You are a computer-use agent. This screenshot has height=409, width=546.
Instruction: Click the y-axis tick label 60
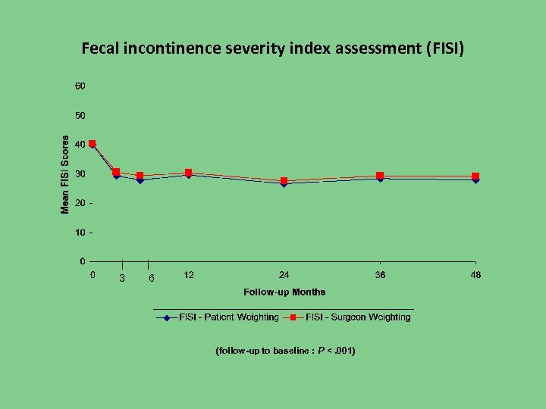[80, 86]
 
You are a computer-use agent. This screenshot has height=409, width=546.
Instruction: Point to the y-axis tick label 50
[80, 116]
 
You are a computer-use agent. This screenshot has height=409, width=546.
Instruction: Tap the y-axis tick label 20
[80, 203]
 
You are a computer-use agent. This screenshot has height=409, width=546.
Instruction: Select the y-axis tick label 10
[80, 233]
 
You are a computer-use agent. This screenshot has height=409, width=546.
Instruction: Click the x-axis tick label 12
[188, 275]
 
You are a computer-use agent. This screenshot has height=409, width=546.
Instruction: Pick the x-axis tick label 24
[284, 275]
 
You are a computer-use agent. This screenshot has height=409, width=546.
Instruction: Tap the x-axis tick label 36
[380, 275]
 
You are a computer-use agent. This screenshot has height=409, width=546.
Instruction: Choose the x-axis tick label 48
[475, 275]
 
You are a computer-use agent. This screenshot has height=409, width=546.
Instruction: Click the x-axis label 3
[121, 279]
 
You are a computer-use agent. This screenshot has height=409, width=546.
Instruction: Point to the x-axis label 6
[151, 279]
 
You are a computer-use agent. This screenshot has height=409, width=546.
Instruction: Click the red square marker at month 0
[93, 144]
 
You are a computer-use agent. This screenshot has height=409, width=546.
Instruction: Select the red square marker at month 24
[284, 181]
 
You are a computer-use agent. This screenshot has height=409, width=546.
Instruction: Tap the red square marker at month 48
[475, 176]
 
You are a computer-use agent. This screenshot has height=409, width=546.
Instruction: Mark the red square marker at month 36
[380, 176]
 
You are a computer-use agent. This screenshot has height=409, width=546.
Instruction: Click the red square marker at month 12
[188, 173]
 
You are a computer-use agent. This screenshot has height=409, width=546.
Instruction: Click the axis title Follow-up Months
[284, 292]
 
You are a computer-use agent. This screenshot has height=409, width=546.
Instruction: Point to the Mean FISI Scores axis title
[65, 175]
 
